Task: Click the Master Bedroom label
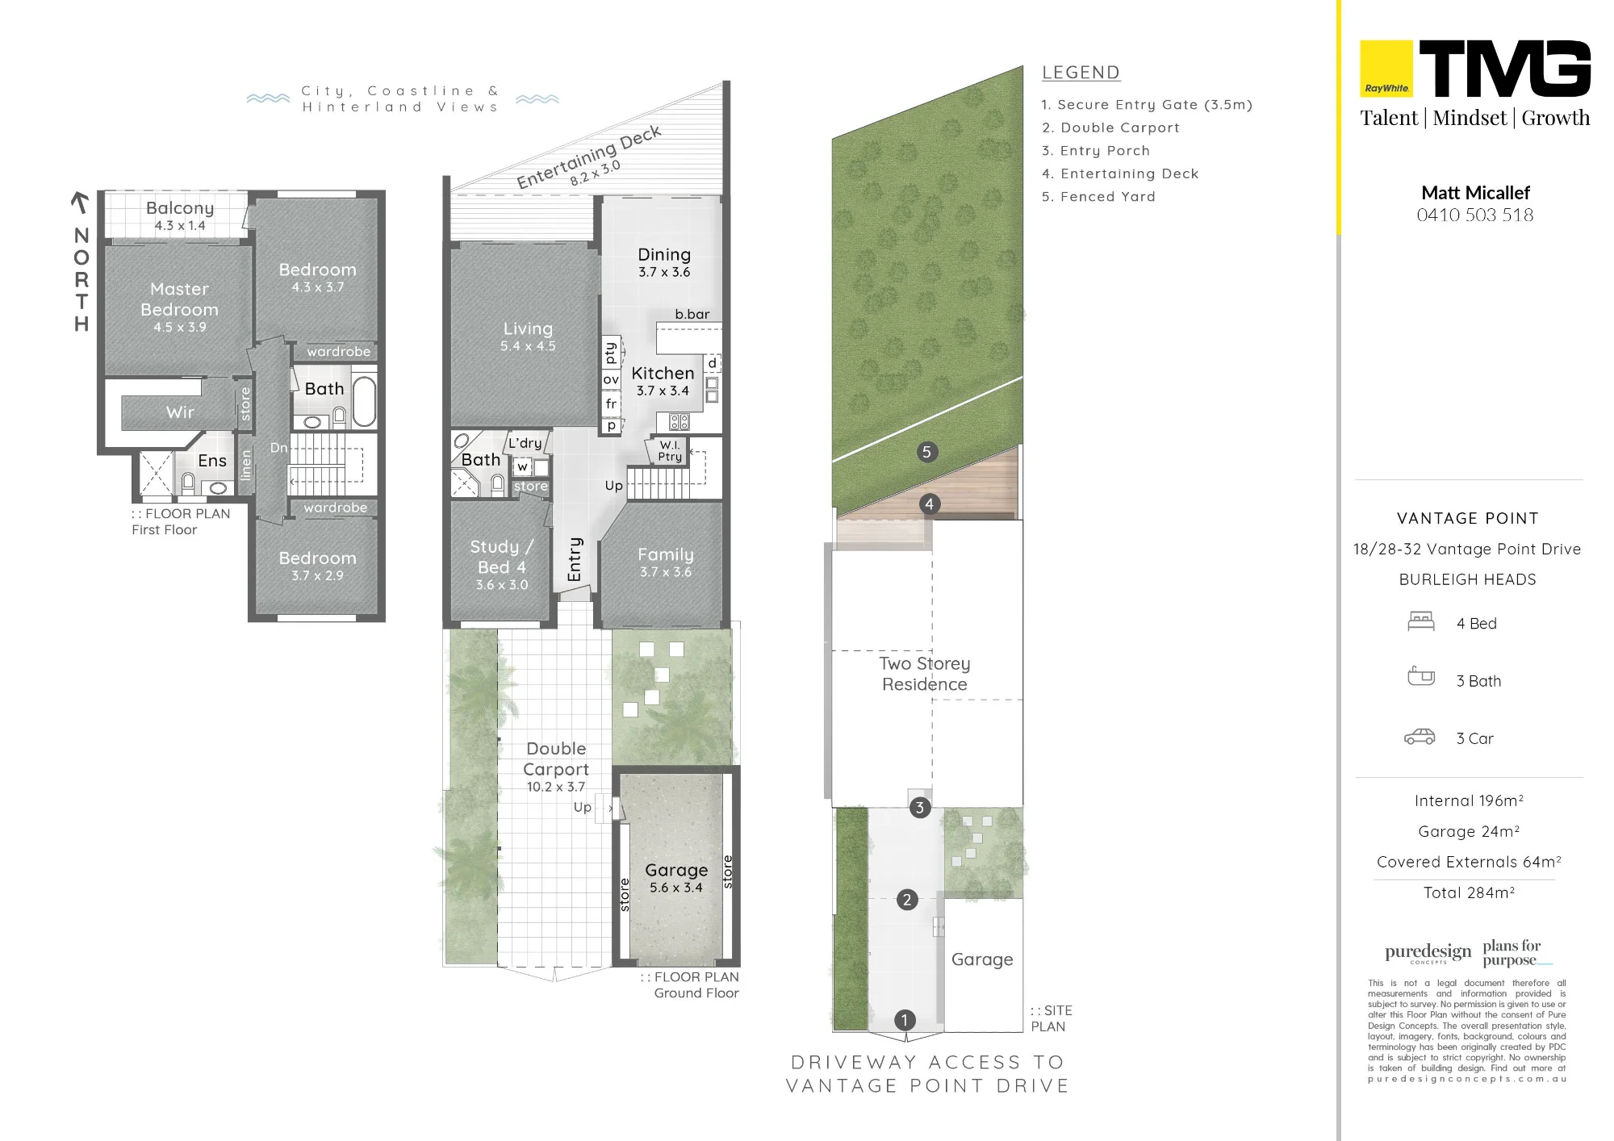[x=179, y=299]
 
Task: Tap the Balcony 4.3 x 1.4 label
[x=180, y=215]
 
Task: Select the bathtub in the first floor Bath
[x=364, y=400]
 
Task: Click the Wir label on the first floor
[x=180, y=412]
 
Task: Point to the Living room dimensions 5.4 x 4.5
[x=528, y=346]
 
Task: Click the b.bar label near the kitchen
[x=692, y=314]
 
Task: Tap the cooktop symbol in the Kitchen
[x=679, y=421]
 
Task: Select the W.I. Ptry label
[x=670, y=451]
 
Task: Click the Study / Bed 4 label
[x=501, y=557]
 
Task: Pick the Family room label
[x=666, y=554]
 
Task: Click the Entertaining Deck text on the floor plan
[x=588, y=157]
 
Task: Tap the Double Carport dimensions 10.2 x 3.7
[x=556, y=787]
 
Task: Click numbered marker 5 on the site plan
[x=926, y=452]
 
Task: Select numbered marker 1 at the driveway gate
[x=905, y=1020]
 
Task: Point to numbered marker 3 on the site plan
[x=919, y=808]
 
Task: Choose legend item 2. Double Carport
[x=1110, y=127]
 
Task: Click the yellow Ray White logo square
[x=1386, y=69]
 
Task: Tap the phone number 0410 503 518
[x=1475, y=215]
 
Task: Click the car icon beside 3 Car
[x=1420, y=737]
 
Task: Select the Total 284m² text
[x=1469, y=892]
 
